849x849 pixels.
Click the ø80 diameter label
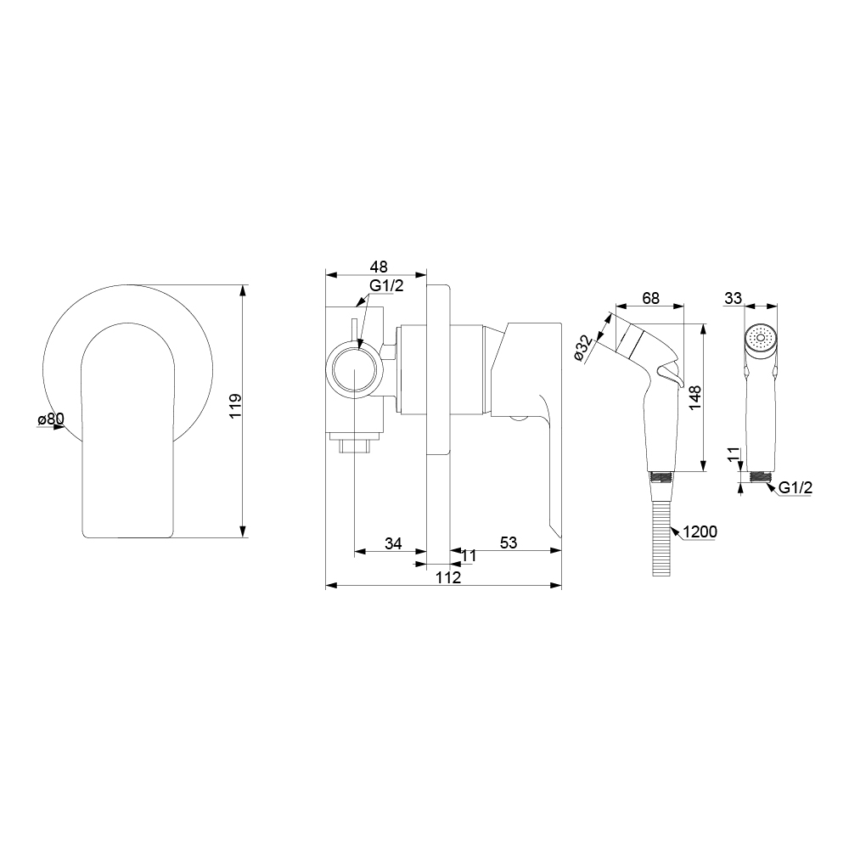(x=51, y=419)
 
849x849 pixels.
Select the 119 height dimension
(x=235, y=406)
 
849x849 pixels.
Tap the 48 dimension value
(x=379, y=267)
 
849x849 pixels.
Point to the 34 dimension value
(x=393, y=543)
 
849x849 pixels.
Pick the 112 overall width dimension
(x=448, y=577)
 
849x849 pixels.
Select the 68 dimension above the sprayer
(x=650, y=298)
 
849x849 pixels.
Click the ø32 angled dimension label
(x=582, y=347)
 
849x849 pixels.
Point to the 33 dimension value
(x=734, y=298)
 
